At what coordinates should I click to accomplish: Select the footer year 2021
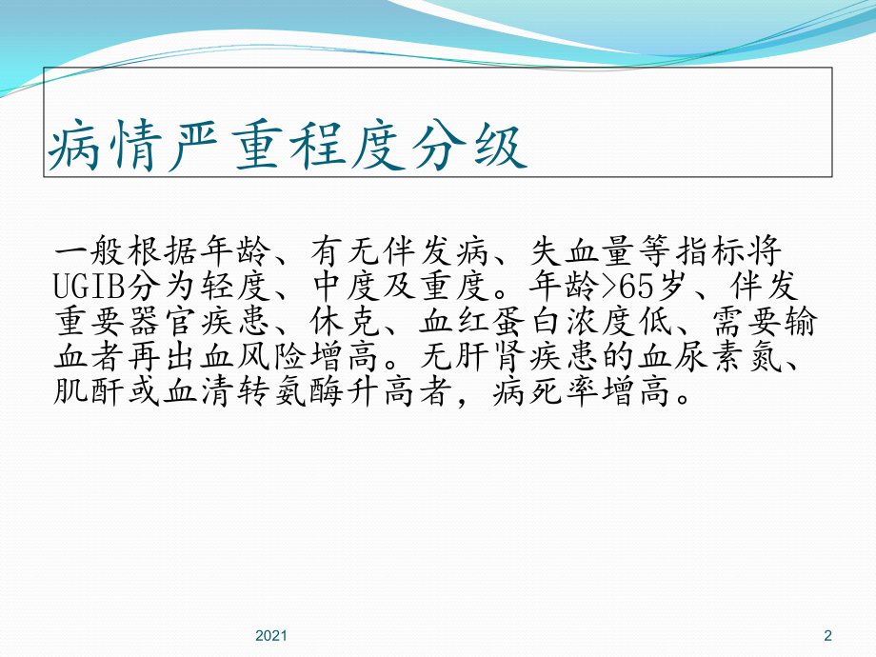[x=272, y=635]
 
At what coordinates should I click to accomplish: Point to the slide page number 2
[x=826, y=635]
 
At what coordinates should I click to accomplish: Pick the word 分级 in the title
[x=480, y=148]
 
